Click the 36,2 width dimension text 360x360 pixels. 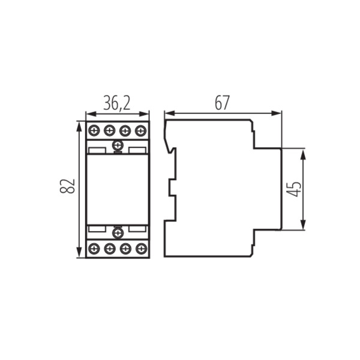[x=117, y=103]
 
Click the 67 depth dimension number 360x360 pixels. [x=222, y=103]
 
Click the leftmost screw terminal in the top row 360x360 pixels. [x=94, y=130]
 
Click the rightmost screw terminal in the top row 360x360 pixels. [x=141, y=130]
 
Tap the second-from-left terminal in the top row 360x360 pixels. [x=110, y=130]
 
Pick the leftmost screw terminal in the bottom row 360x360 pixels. [x=94, y=248]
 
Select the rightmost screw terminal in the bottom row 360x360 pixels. [x=141, y=248]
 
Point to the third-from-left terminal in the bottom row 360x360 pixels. [x=125, y=248]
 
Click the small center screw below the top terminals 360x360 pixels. [x=118, y=145]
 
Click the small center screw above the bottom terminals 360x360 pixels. [x=118, y=232]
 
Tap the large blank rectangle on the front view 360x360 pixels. [x=118, y=188]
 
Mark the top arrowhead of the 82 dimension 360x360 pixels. [x=79, y=125]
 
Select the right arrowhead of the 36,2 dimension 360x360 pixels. [x=146, y=113]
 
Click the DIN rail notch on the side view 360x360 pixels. [x=170, y=188]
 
